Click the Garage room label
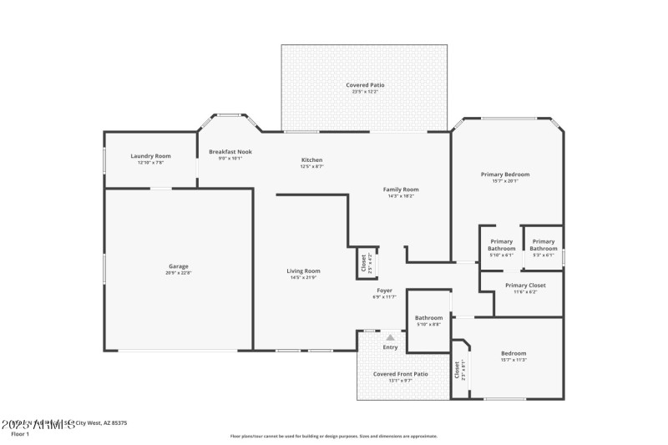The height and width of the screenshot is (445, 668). [179, 266]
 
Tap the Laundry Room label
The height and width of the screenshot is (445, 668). [150, 156]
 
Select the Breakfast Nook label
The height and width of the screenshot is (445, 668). [230, 151]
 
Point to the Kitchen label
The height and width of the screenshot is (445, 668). [311, 159]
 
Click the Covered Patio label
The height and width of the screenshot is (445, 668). [366, 85]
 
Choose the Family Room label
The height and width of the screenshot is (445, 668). [401, 190]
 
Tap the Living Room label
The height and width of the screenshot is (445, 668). [304, 271]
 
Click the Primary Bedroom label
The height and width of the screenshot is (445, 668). [505, 174]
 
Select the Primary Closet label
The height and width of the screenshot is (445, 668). [526, 286]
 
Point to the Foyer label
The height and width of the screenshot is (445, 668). [384, 291]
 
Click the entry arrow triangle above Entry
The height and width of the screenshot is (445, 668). [390, 337]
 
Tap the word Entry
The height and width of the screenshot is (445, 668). [390, 347]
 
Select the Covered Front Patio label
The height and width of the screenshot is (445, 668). [401, 374]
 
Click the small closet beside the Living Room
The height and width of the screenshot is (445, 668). [366, 263]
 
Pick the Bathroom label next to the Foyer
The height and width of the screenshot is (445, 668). [428, 317]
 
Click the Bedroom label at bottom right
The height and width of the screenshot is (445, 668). [514, 353]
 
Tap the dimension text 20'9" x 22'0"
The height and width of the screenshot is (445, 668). [179, 273]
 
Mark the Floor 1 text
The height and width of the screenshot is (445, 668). [19, 434]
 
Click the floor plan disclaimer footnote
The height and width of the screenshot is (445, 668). [333, 436]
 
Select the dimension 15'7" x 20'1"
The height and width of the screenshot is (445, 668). [505, 181]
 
